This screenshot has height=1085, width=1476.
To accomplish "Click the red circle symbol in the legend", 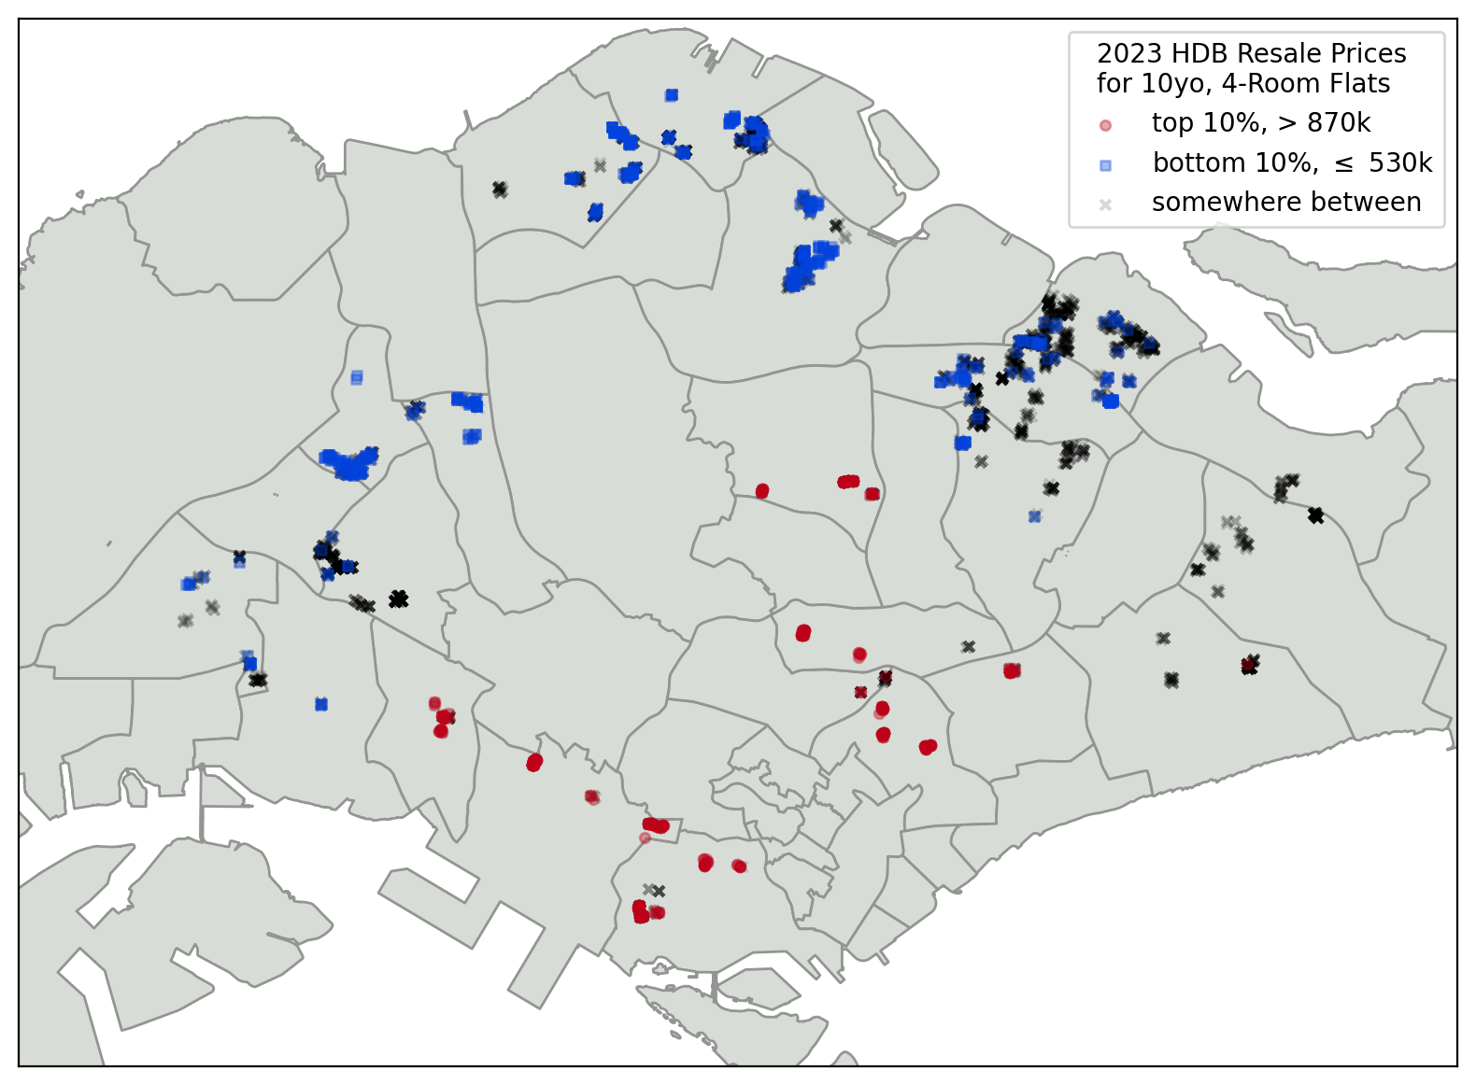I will tap(1105, 125).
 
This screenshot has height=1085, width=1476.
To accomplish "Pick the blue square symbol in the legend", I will tap(1105, 165).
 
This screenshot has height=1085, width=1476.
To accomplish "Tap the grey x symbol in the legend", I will tap(1105, 204).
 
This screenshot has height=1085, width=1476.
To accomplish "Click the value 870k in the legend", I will tap(1339, 122).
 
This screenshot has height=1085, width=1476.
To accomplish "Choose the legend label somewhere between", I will tap(1285, 202).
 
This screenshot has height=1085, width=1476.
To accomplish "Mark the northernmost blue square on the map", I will tap(672, 95).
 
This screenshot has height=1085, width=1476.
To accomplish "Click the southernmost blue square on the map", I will tap(321, 704).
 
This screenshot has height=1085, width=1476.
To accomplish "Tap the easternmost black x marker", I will tap(1315, 514).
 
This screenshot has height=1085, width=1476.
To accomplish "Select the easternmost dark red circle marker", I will tap(1248, 665).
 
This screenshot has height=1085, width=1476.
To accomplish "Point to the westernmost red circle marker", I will tap(434, 703).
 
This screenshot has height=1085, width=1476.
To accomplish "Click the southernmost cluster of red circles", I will tap(641, 911).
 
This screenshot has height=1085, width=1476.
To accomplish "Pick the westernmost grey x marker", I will tap(185, 620).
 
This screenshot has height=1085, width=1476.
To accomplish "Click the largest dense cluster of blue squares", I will tap(348, 464).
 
